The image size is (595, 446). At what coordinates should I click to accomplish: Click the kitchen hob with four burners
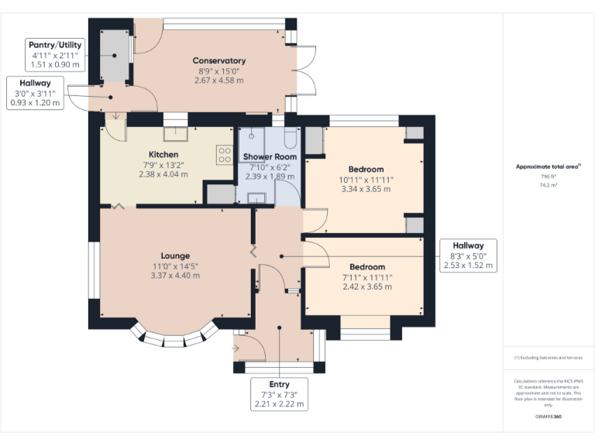pyautogui.click(x=225, y=155)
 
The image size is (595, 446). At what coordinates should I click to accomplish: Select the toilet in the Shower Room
pyautogui.click(x=290, y=138)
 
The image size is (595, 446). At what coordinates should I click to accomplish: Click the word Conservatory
pyautogui.click(x=219, y=60)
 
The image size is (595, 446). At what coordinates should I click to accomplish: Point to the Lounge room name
pyautogui.click(x=175, y=256)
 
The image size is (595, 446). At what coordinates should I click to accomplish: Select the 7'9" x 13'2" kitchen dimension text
pyautogui.click(x=163, y=164)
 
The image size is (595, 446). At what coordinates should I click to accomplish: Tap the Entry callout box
pyautogui.click(x=279, y=394)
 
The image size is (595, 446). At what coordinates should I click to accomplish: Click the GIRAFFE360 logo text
pyautogui.click(x=549, y=416)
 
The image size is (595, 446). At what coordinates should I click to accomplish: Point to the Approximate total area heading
pyautogui.click(x=549, y=166)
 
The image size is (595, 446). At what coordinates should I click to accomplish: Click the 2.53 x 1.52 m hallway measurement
pyautogui.click(x=468, y=265)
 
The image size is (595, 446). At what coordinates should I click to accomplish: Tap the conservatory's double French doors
pyautogui.click(x=307, y=71)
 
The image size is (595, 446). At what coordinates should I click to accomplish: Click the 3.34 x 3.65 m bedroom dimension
pyautogui.click(x=366, y=188)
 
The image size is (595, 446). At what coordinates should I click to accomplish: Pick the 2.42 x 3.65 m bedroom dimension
pyautogui.click(x=366, y=286)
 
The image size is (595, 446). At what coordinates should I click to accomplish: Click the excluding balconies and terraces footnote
pyautogui.click(x=549, y=358)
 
